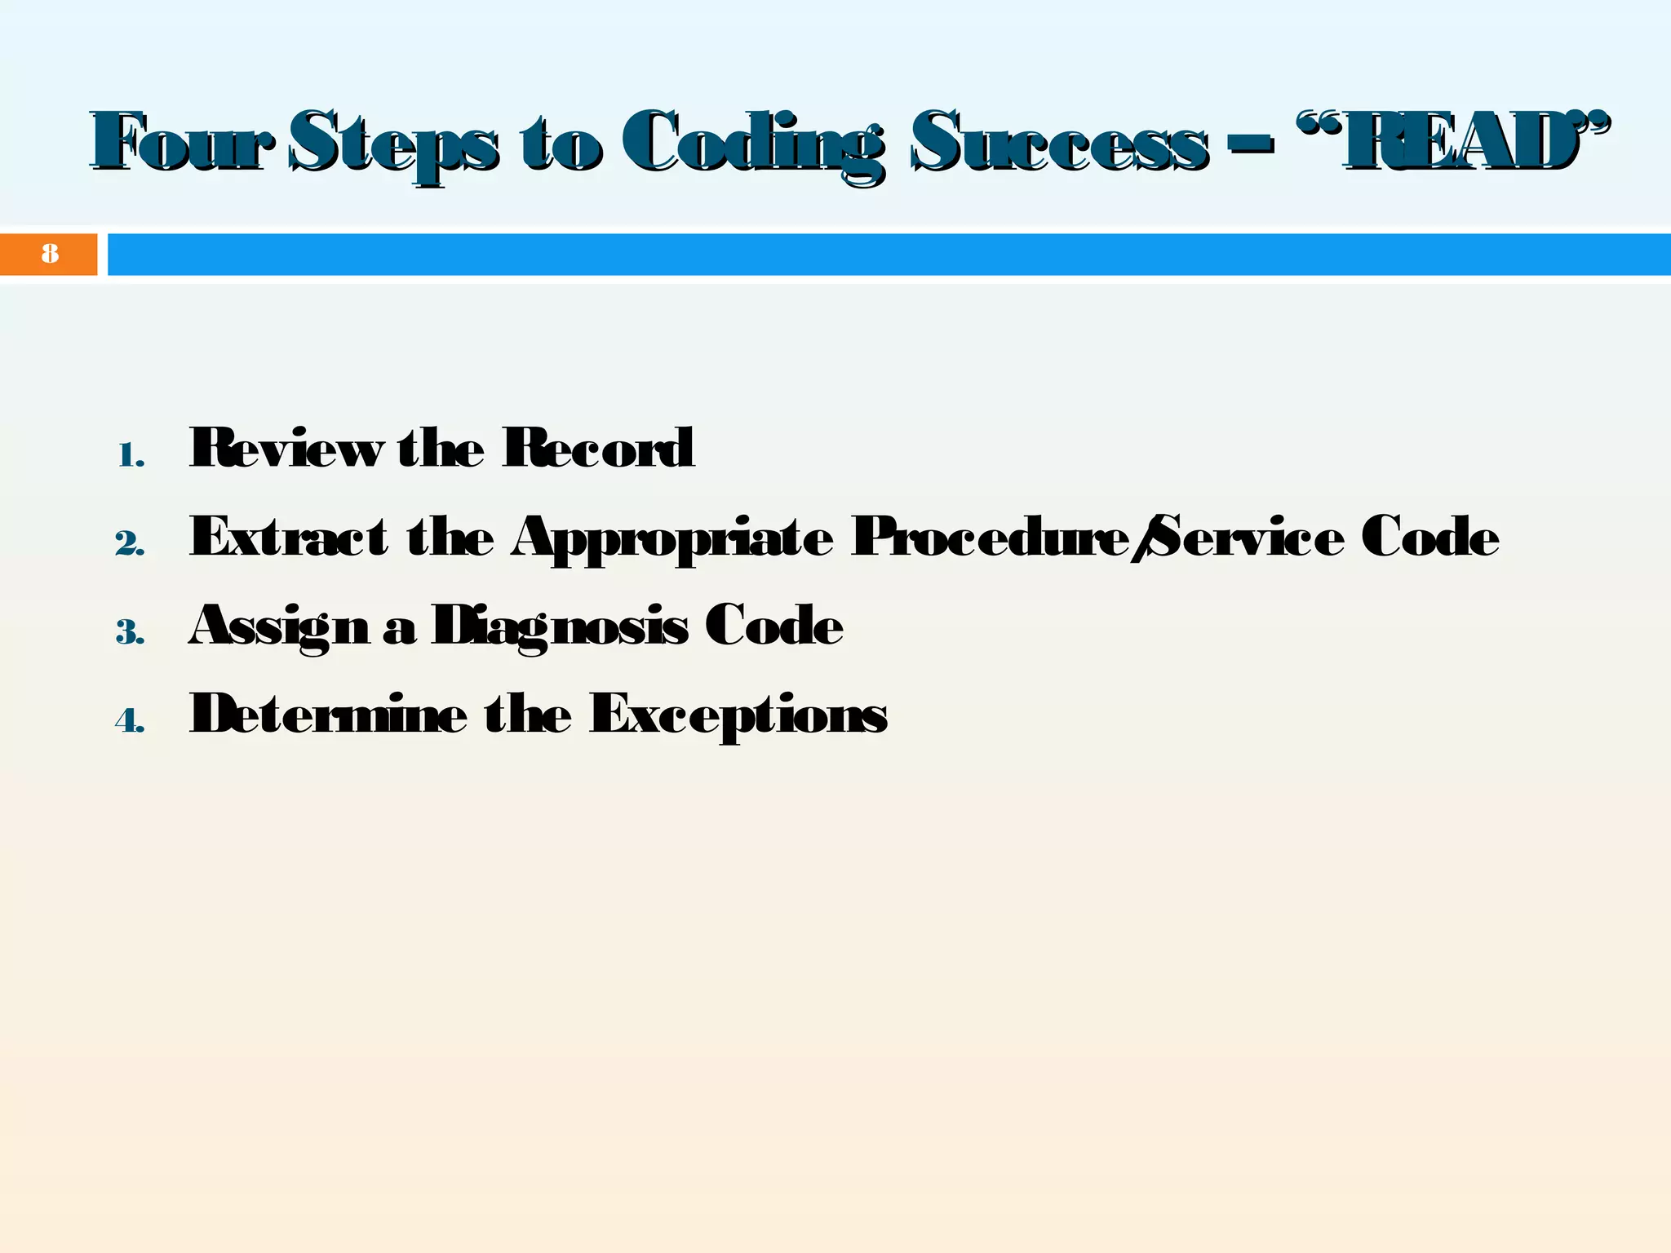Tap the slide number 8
(50, 254)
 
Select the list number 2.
(130, 544)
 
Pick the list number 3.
(130, 632)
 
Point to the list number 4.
(130, 720)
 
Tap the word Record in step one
(598, 448)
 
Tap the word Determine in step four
(329, 713)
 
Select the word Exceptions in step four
(738, 715)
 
